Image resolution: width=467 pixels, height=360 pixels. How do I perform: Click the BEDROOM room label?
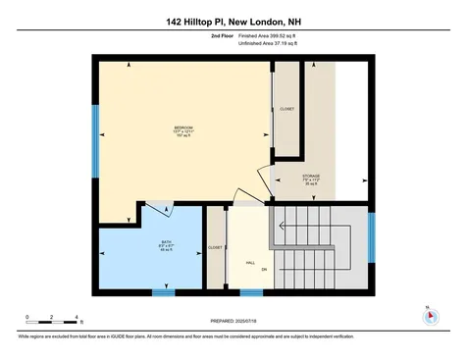point(183,129)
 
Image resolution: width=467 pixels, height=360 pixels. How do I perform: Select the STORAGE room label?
point(311,177)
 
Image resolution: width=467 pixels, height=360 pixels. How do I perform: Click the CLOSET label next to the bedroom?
point(287,109)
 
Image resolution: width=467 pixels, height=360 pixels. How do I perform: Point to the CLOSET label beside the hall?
point(215,248)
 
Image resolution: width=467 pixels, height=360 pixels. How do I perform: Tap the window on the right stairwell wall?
point(371,237)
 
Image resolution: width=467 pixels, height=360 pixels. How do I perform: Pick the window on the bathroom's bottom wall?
point(164,291)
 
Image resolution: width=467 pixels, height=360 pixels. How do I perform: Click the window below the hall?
point(252,291)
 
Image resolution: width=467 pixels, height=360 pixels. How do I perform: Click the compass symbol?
point(429,317)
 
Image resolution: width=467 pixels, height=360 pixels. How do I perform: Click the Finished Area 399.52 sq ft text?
point(266,35)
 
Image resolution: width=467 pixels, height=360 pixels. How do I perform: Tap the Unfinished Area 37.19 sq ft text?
point(266,43)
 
